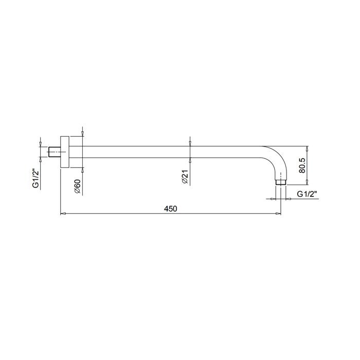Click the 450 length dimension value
[x=171, y=209]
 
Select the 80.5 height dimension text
[x=302, y=165]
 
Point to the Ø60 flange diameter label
[x=78, y=186]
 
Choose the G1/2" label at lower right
[x=307, y=194]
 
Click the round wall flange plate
[x=65, y=152]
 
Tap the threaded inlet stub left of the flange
[x=55, y=152]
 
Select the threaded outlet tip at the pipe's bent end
[x=281, y=182]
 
